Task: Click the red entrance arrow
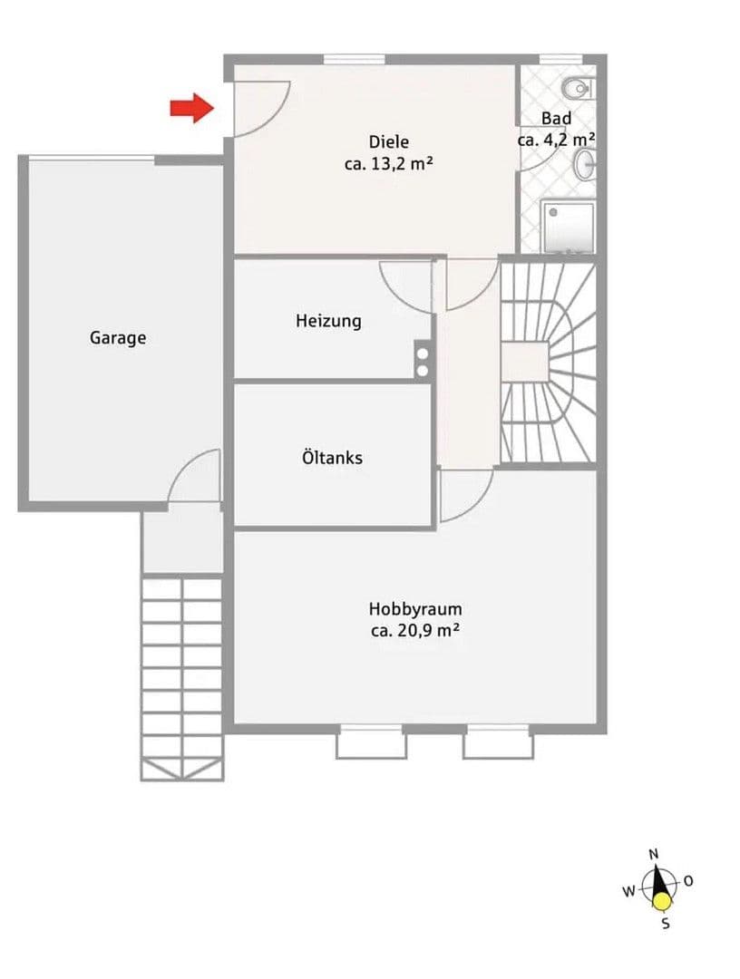click(x=191, y=109)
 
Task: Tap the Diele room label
click(x=388, y=142)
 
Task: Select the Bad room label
click(x=556, y=119)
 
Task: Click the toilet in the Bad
click(x=576, y=88)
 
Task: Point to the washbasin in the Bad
click(x=586, y=164)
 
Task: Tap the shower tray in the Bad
click(x=569, y=226)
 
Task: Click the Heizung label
click(x=328, y=321)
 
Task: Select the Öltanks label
click(x=332, y=458)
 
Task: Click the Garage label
click(x=118, y=338)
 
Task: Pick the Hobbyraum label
click(x=414, y=609)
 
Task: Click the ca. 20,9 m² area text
click(x=414, y=632)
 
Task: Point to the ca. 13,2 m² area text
click(x=388, y=165)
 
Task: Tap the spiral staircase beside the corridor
click(x=548, y=363)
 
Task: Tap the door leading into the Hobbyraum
click(x=464, y=494)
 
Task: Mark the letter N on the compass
click(x=654, y=854)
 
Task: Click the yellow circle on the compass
click(x=663, y=901)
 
